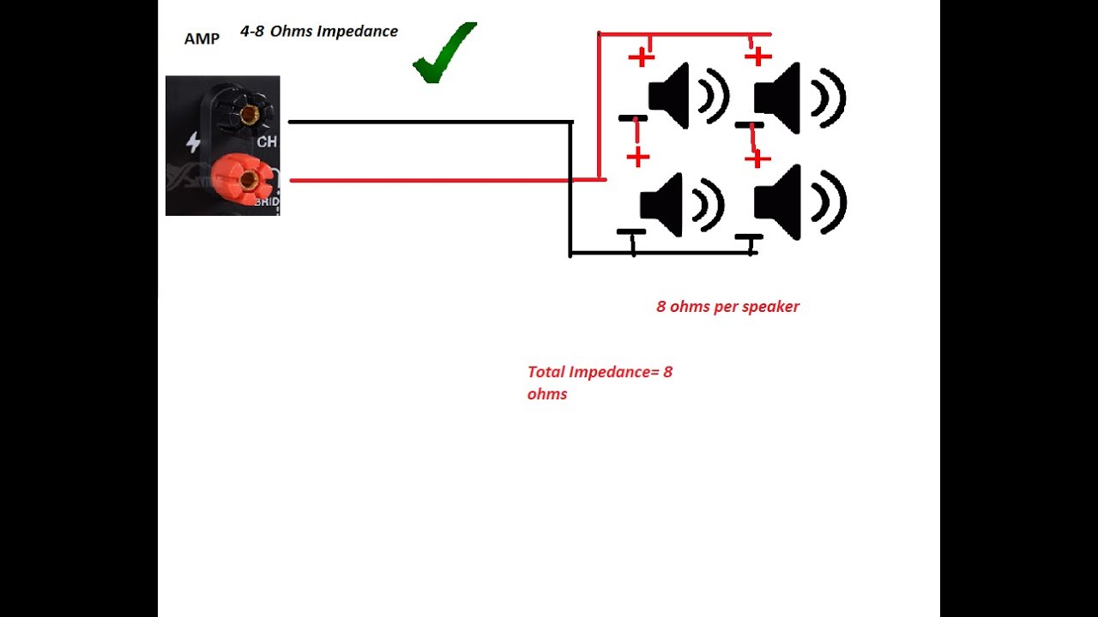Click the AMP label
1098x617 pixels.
[x=202, y=39]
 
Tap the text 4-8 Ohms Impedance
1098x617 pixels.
[x=319, y=32]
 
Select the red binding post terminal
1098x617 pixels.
[x=247, y=179]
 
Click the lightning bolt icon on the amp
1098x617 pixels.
[x=193, y=142]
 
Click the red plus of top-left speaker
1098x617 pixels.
[x=641, y=57]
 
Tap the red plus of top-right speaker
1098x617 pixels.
[x=757, y=57]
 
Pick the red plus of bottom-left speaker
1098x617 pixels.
[x=637, y=157]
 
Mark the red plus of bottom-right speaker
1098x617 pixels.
[x=757, y=159]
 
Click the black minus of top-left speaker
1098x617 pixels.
[x=633, y=117]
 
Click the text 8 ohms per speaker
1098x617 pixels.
[x=727, y=307]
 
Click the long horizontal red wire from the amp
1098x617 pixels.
[x=429, y=180]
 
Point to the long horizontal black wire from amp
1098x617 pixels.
[x=429, y=122]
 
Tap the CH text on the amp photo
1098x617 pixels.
[x=267, y=142]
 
